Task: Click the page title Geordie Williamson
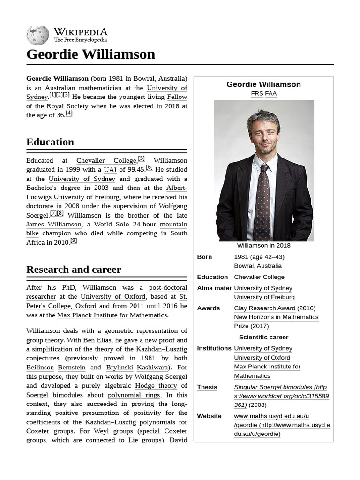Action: (x=90, y=54)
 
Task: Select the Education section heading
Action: (x=50, y=142)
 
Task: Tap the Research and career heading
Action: (x=74, y=270)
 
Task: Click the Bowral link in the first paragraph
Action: (x=144, y=78)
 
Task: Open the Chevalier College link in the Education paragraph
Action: (x=106, y=160)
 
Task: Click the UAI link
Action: (x=110, y=170)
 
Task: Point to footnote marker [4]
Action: (x=69, y=113)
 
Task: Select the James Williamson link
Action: (x=54, y=225)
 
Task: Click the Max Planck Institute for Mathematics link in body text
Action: (x=112, y=315)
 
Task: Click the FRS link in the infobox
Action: (x=257, y=94)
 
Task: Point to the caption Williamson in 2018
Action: (x=263, y=246)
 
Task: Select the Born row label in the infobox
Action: (x=204, y=257)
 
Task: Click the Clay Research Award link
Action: (x=264, y=308)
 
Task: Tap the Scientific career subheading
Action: (x=263, y=337)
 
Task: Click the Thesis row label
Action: (x=207, y=387)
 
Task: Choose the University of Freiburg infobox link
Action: (x=264, y=297)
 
